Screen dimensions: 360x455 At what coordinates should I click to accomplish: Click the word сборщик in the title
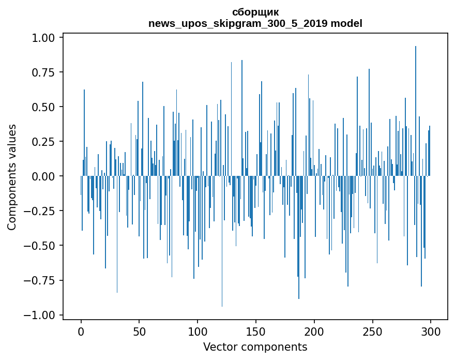click(255, 12)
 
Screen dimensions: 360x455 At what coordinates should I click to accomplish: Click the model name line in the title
click(255, 23)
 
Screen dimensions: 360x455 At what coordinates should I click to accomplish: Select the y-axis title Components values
click(12, 176)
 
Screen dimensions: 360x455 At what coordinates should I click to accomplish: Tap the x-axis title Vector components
click(255, 347)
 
